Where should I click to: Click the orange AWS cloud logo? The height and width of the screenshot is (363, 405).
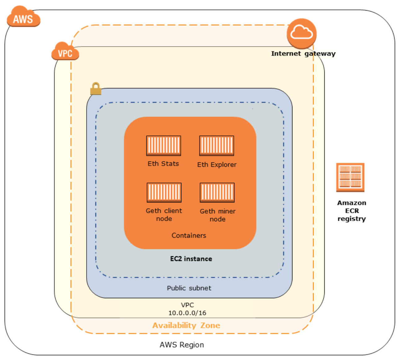coord(24,17)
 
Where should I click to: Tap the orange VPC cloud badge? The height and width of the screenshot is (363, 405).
coord(65,51)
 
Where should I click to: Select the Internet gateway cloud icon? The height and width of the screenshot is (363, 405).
coord(301,33)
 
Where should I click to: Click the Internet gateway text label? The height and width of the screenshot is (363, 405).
coord(303,54)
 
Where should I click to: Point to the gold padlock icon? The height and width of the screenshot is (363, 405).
coord(96,89)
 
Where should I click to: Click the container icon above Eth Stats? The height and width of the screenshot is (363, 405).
coord(163,145)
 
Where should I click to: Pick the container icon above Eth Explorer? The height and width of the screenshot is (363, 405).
coord(216,145)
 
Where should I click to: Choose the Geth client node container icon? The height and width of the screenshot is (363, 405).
coord(164,193)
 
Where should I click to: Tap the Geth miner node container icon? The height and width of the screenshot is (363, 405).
coord(217,193)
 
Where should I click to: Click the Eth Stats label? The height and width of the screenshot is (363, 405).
coord(163,164)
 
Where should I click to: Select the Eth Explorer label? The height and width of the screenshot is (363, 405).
coord(217,165)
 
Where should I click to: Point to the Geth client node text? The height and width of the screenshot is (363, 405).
coord(164,215)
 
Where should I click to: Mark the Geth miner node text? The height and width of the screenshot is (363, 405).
coord(217,215)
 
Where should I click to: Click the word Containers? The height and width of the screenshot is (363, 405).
coord(189,235)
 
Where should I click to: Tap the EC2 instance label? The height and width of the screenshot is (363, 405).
coord(191,259)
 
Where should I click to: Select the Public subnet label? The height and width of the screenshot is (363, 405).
coord(189,288)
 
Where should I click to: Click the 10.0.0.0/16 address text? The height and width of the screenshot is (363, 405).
coord(187,313)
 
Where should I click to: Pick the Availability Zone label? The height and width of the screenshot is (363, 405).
coord(186,325)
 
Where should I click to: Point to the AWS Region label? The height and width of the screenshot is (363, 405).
coord(182,345)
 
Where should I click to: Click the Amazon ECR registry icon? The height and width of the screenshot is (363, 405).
coord(350,177)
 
